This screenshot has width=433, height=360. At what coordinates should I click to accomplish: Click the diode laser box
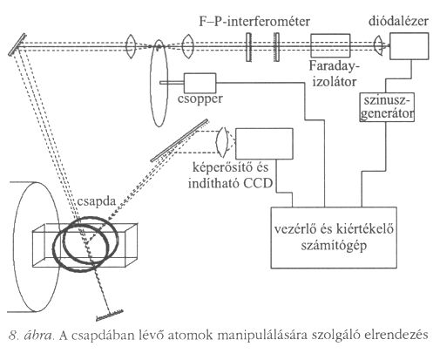409,46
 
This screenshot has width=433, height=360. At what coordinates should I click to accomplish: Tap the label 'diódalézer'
398,21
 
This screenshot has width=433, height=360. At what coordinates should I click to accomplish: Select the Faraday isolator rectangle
330,45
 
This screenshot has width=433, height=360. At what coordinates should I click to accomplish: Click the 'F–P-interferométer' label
254,22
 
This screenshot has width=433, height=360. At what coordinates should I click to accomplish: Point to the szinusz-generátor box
387,107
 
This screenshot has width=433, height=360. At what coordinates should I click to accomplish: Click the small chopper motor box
200,83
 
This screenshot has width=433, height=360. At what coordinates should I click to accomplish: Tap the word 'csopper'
200,99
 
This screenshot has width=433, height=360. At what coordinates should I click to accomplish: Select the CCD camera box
264,144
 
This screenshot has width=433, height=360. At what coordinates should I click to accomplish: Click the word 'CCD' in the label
258,183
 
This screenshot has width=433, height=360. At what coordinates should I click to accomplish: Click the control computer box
334,237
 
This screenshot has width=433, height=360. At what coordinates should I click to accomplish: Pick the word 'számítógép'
334,246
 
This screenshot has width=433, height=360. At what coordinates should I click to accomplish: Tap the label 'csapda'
97,201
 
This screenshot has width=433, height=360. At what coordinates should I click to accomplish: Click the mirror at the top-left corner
17,44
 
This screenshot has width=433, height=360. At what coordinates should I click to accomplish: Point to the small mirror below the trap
110,316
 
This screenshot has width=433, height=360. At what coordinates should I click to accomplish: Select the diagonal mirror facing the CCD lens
179,140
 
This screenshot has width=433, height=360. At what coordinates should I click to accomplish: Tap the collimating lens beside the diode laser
378,45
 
